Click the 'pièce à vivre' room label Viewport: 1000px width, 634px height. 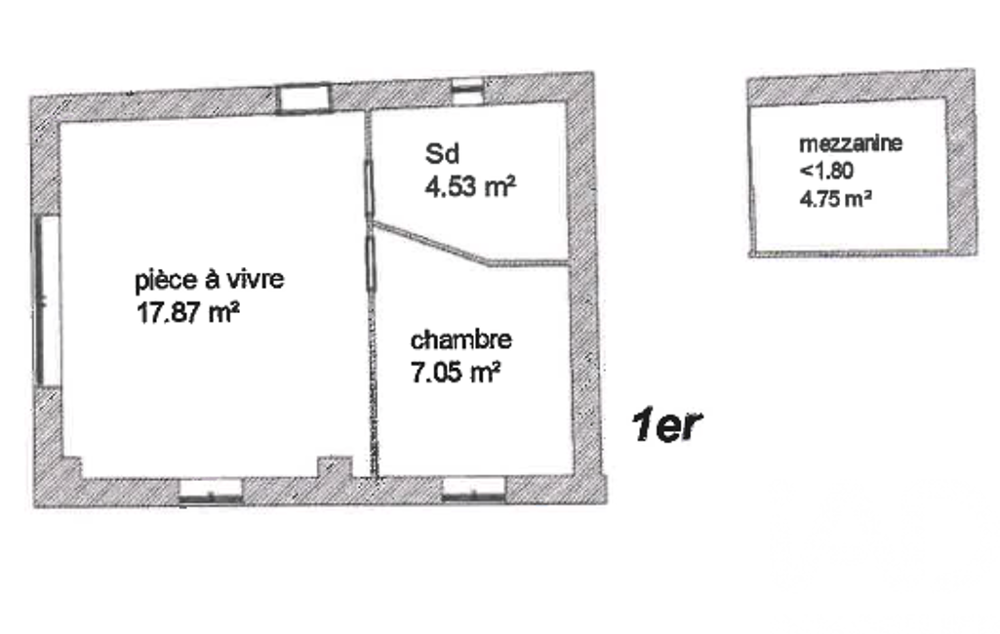[x=209, y=280]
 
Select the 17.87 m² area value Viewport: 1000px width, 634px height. [x=187, y=312]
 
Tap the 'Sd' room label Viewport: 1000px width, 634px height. [x=442, y=154]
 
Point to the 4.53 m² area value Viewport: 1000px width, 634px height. [x=470, y=186]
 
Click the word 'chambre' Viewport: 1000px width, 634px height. [x=460, y=339]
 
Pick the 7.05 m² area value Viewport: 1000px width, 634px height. [x=456, y=372]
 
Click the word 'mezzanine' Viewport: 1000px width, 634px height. [x=851, y=142]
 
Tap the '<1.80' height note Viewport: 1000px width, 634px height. [x=826, y=171]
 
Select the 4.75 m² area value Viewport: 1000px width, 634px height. [x=835, y=199]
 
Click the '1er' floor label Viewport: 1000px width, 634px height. [x=666, y=425]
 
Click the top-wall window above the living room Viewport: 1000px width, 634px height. [x=303, y=99]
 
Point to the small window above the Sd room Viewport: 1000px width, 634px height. [x=467, y=92]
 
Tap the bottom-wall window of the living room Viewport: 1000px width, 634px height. [x=211, y=492]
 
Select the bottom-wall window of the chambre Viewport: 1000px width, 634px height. [x=474, y=489]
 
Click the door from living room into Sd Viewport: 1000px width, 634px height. [x=369, y=189]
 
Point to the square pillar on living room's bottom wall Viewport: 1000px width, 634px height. [x=336, y=467]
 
